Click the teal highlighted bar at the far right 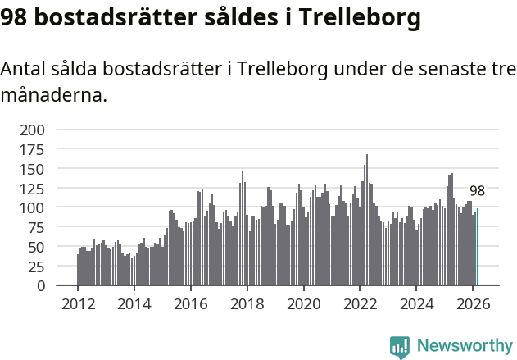click(x=478, y=248)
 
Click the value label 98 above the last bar click(x=477, y=191)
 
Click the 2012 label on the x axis click(x=78, y=304)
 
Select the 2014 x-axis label click(x=134, y=304)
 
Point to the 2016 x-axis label click(x=191, y=304)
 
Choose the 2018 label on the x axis click(x=247, y=304)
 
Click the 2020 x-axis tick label click(x=304, y=304)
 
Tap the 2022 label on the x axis click(x=361, y=304)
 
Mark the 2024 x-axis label click(x=417, y=304)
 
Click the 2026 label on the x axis click(x=474, y=304)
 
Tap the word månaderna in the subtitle click(x=54, y=96)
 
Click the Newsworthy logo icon click(x=400, y=347)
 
